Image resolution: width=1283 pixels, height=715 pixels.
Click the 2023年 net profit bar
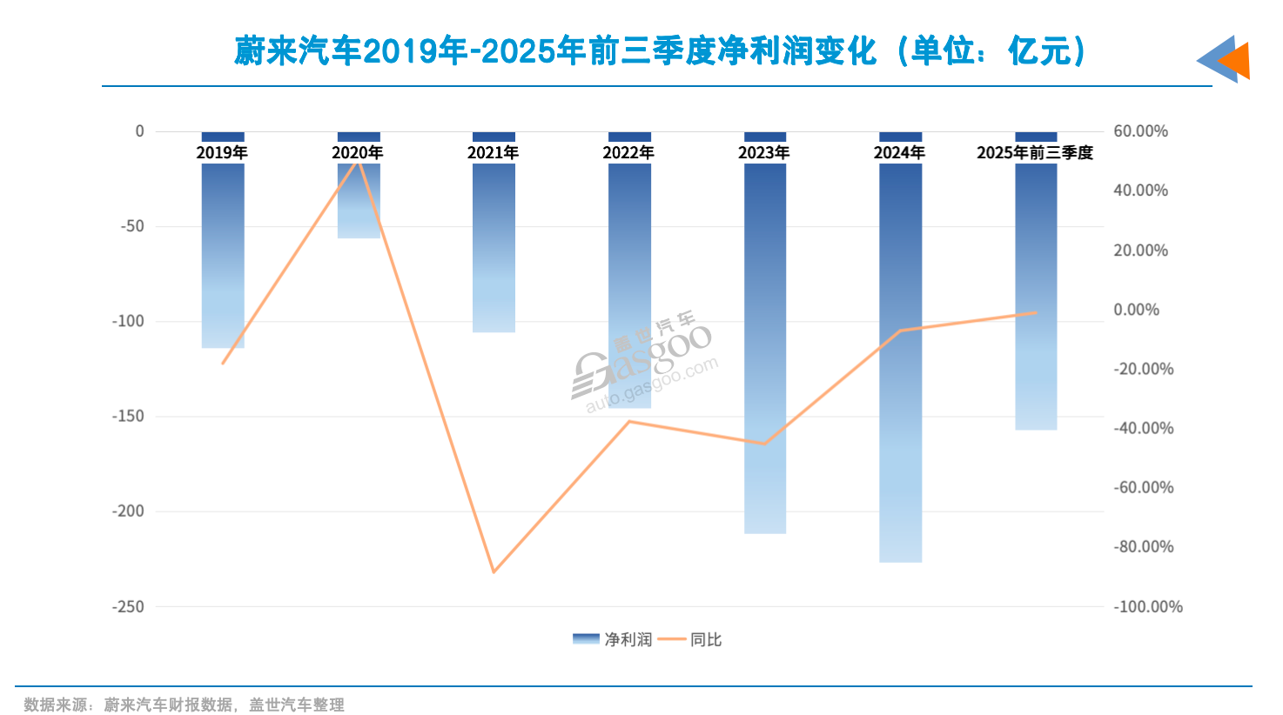coord(764,348)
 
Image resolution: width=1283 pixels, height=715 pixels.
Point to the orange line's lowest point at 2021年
coord(494,571)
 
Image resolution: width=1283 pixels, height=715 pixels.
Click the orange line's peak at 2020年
coord(358,159)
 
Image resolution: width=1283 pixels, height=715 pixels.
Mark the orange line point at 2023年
coord(764,444)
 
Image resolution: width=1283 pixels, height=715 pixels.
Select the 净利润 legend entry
coord(612,639)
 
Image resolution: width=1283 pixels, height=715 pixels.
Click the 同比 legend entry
coord(691,639)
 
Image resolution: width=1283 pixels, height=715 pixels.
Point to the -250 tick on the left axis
coord(128,606)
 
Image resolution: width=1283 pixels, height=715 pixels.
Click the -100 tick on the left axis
coord(128,321)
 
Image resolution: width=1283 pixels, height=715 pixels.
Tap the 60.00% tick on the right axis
coord(1140,131)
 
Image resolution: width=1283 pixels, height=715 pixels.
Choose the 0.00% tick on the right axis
coord(1136,310)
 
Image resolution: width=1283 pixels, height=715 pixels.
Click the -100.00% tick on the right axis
coord(1147,606)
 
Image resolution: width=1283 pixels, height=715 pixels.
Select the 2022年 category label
coord(628,153)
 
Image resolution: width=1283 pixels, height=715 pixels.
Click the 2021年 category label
coord(493,153)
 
